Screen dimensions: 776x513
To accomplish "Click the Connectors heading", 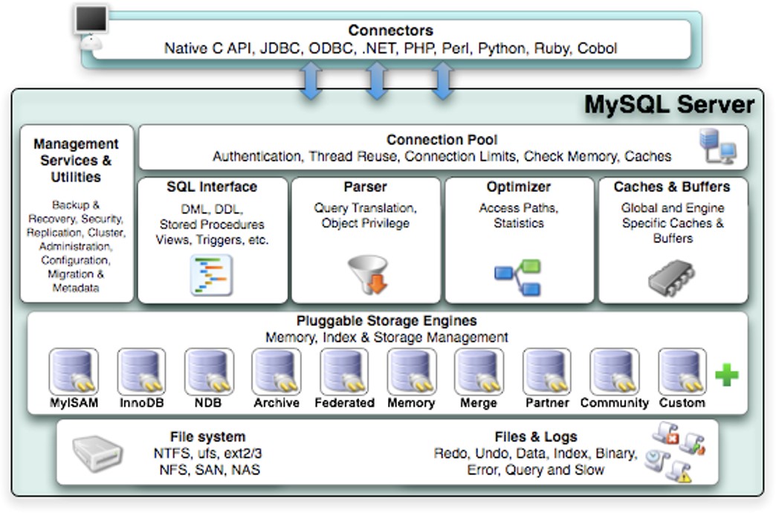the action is pyautogui.click(x=390, y=30).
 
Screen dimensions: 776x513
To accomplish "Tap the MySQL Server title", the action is pyautogui.click(x=669, y=105).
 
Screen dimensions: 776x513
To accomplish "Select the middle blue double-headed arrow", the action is pyautogui.click(x=377, y=80).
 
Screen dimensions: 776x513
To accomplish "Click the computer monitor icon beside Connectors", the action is pyautogui.click(x=91, y=27).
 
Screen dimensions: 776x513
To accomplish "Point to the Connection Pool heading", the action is pyautogui.click(x=442, y=140).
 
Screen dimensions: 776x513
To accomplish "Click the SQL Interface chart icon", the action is pyautogui.click(x=211, y=275).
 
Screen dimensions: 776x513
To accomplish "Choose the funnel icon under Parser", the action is pyautogui.click(x=368, y=274).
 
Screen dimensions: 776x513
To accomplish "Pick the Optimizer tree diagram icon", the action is pyautogui.click(x=517, y=277).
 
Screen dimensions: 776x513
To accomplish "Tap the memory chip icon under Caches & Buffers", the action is pyautogui.click(x=671, y=278).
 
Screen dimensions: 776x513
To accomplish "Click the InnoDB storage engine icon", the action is pyautogui.click(x=141, y=372).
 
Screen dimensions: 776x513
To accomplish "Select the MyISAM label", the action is pyautogui.click(x=74, y=403).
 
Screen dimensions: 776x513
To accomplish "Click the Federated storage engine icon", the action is pyautogui.click(x=344, y=372).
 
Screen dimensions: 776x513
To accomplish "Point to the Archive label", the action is pyautogui.click(x=277, y=403).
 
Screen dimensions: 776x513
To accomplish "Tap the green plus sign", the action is pyautogui.click(x=727, y=375).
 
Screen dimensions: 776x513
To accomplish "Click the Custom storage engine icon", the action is pyautogui.click(x=682, y=372).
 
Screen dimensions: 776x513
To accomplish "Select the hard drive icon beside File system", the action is pyautogui.click(x=97, y=453).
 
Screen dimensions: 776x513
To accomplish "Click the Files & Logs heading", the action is pyautogui.click(x=536, y=436).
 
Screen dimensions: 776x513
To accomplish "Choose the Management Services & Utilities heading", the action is pyautogui.click(x=76, y=161).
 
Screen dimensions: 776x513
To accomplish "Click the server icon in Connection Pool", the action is pyautogui.click(x=717, y=146).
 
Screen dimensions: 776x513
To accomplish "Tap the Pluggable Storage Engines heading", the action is pyautogui.click(x=387, y=321).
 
